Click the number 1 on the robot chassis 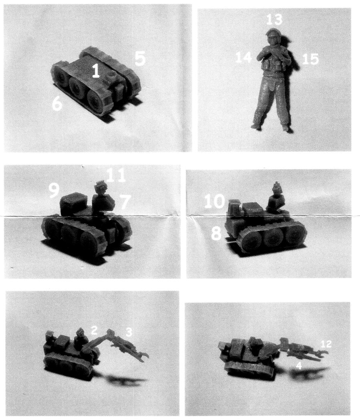[96, 71]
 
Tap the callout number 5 [140, 58]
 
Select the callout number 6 [57, 103]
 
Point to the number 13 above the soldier [274, 19]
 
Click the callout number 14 [244, 57]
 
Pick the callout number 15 [310, 59]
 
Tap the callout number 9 [54, 190]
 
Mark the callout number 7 [124, 202]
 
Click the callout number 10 [214, 201]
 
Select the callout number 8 [216, 234]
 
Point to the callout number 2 [94, 330]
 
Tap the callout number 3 [129, 332]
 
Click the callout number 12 [326, 344]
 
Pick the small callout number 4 [299, 366]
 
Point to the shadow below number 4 [310, 373]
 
